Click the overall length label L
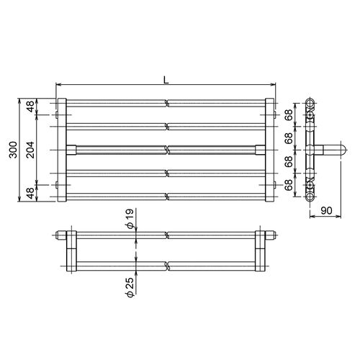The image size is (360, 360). [166, 80]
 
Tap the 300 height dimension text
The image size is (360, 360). [14, 150]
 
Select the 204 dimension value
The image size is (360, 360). [30, 150]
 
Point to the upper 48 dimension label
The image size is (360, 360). [30, 107]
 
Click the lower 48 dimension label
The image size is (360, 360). [30, 193]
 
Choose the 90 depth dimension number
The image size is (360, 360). [326, 210]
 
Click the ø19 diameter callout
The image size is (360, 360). [130, 219]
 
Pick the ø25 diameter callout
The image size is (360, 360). [130, 287]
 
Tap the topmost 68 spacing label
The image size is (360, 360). [289, 114]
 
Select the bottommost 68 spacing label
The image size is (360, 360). [289, 185]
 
